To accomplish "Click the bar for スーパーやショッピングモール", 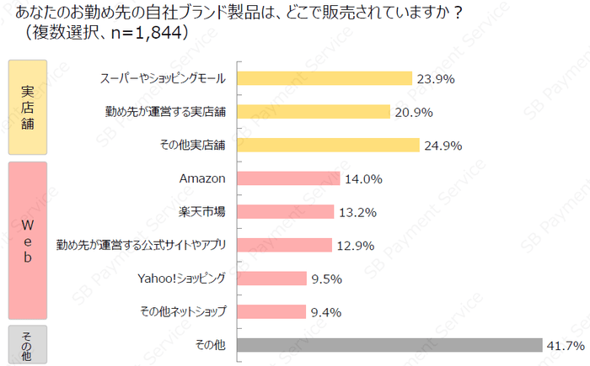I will click(x=324, y=78).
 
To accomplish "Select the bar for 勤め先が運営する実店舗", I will click(x=314, y=112).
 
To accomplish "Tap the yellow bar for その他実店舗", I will click(x=328, y=145).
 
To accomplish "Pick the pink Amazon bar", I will click(x=289, y=178).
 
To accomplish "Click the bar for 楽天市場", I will click(x=286, y=211).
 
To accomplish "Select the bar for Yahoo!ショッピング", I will click(x=272, y=278).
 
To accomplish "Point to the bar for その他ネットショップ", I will click(x=271, y=312).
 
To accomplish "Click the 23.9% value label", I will click(x=436, y=79).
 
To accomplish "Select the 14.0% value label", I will click(x=363, y=179).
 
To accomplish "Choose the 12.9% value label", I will click(x=355, y=246).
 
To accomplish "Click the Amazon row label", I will click(x=203, y=178).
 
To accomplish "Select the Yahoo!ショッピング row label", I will click(x=182, y=278).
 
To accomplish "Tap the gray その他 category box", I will click(x=27, y=344).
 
